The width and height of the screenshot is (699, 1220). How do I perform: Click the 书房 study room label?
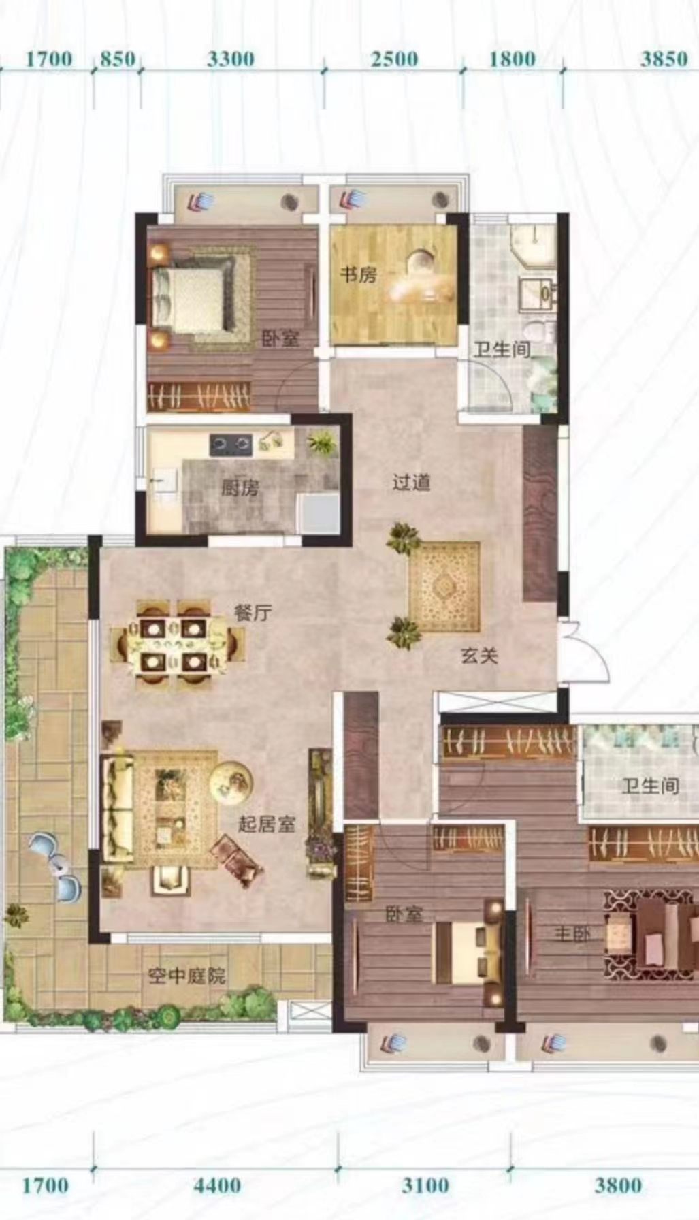pyautogui.click(x=358, y=274)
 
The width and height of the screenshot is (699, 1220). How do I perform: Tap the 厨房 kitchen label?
pyautogui.click(x=240, y=487)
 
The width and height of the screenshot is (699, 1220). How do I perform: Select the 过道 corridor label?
pyautogui.click(x=411, y=482)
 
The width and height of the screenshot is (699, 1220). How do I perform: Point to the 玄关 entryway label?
pyautogui.click(x=479, y=656)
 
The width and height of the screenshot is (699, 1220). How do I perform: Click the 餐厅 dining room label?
pyautogui.click(x=253, y=612)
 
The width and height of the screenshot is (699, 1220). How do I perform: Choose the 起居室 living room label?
pyautogui.click(x=266, y=824)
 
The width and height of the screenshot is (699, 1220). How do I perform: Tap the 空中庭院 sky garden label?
pyautogui.click(x=186, y=976)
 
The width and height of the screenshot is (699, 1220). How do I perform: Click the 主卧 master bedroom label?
pyautogui.click(x=572, y=933)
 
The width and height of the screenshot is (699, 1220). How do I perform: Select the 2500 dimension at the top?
pyautogui.click(x=394, y=59)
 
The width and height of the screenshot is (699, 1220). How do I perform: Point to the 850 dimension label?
pyautogui.click(x=117, y=59)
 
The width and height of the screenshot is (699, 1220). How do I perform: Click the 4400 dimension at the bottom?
pyautogui.click(x=216, y=1185)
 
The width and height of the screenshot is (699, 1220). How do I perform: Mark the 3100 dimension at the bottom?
pyautogui.click(x=425, y=1185)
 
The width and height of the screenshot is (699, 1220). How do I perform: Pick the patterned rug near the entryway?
pyautogui.click(x=444, y=587)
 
